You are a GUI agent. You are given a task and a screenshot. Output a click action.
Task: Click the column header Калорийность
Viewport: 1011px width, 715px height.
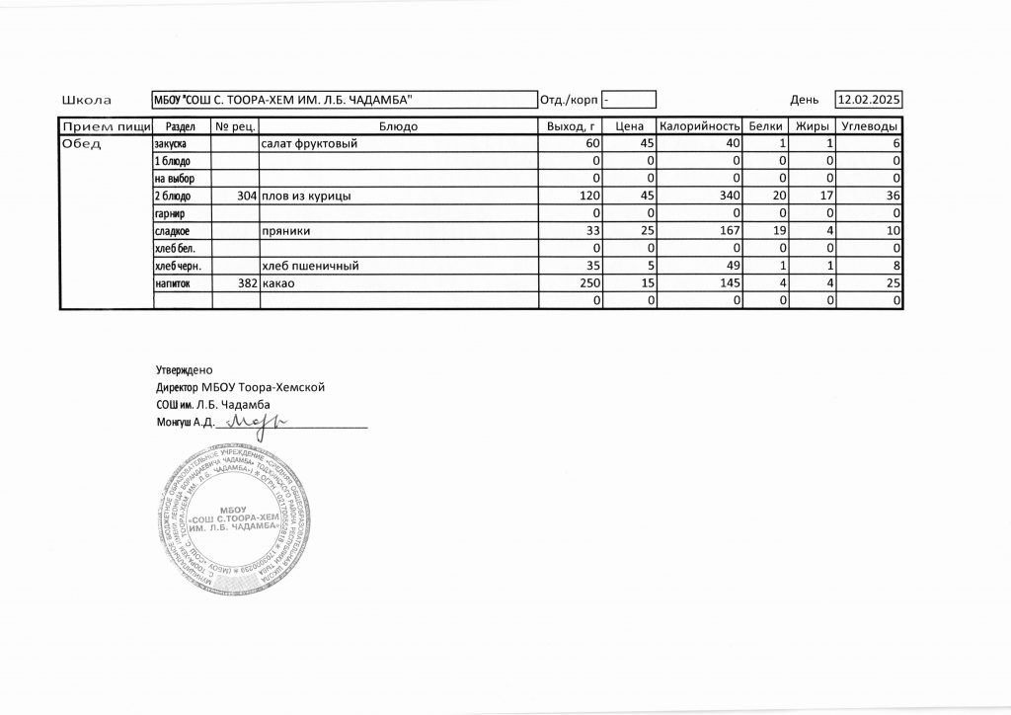pyautogui.click(x=700, y=127)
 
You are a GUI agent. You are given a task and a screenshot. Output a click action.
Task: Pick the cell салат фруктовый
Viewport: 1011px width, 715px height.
pyautogui.click(x=308, y=144)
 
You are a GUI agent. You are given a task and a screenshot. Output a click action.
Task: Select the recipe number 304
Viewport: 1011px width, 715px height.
pyautogui.click(x=248, y=196)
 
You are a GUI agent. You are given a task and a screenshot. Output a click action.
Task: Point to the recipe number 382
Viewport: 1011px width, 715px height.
pyautogui.click(x=248, y=283)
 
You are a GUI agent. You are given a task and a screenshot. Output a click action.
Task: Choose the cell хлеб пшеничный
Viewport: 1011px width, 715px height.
pyautogui.click(x=309, y=266)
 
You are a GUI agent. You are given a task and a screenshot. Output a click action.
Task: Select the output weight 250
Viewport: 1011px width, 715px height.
pyautogui.click(x=589, y=283)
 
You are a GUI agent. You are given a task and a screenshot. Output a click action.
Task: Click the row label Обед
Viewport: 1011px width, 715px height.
pyautogui.click(x=83, y=144)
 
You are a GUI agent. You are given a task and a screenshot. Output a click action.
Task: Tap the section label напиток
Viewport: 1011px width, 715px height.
pyautogui.click(x=173, y=283)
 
